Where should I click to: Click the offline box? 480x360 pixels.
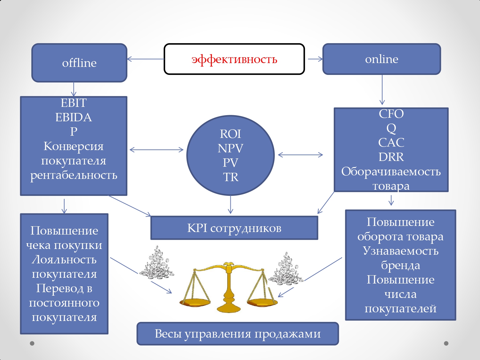click(79, 63)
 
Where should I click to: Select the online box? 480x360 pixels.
click(381, 59)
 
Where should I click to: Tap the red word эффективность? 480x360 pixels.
click(234, 59)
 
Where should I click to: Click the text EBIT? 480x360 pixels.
click(74, 103)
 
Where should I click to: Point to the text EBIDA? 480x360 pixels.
click(74, 117)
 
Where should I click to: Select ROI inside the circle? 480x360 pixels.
click(230, 134)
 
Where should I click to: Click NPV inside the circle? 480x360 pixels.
click(230, 148)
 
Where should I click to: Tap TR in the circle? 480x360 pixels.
click(230, 177)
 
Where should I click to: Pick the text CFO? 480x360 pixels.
click(391, 114)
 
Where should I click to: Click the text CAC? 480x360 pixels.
click(391, 142)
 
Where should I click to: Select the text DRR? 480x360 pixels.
click(391, 157)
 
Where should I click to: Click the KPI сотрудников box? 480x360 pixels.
click(234, 228)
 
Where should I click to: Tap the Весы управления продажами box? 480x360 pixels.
click(237, 334)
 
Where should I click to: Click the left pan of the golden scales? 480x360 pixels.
click(195, 302)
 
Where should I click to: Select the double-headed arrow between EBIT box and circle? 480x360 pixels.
click(156, 149)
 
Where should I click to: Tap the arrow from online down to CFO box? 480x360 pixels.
click(382, 90)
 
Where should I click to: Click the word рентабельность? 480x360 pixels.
click(74, 175)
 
